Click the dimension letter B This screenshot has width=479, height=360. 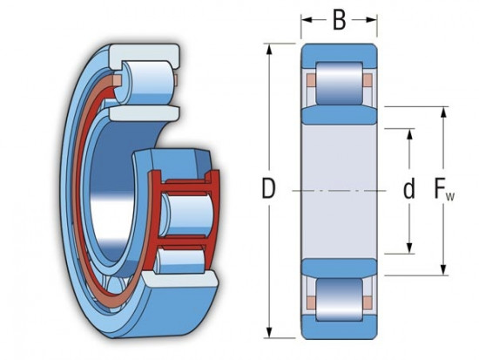[340, 19]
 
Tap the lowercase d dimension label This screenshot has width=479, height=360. [408, 190]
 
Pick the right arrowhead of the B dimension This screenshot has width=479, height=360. [374, 19]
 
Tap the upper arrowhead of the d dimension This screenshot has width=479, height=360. [408, 132]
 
